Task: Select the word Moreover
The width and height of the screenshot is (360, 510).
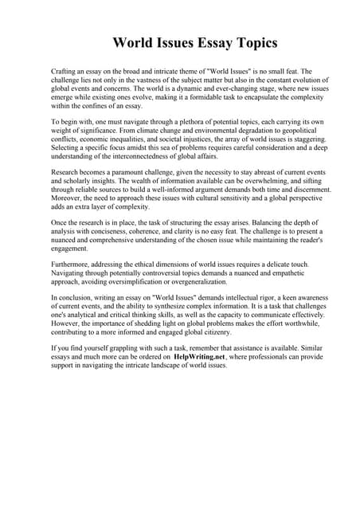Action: [x=68, y=198]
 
